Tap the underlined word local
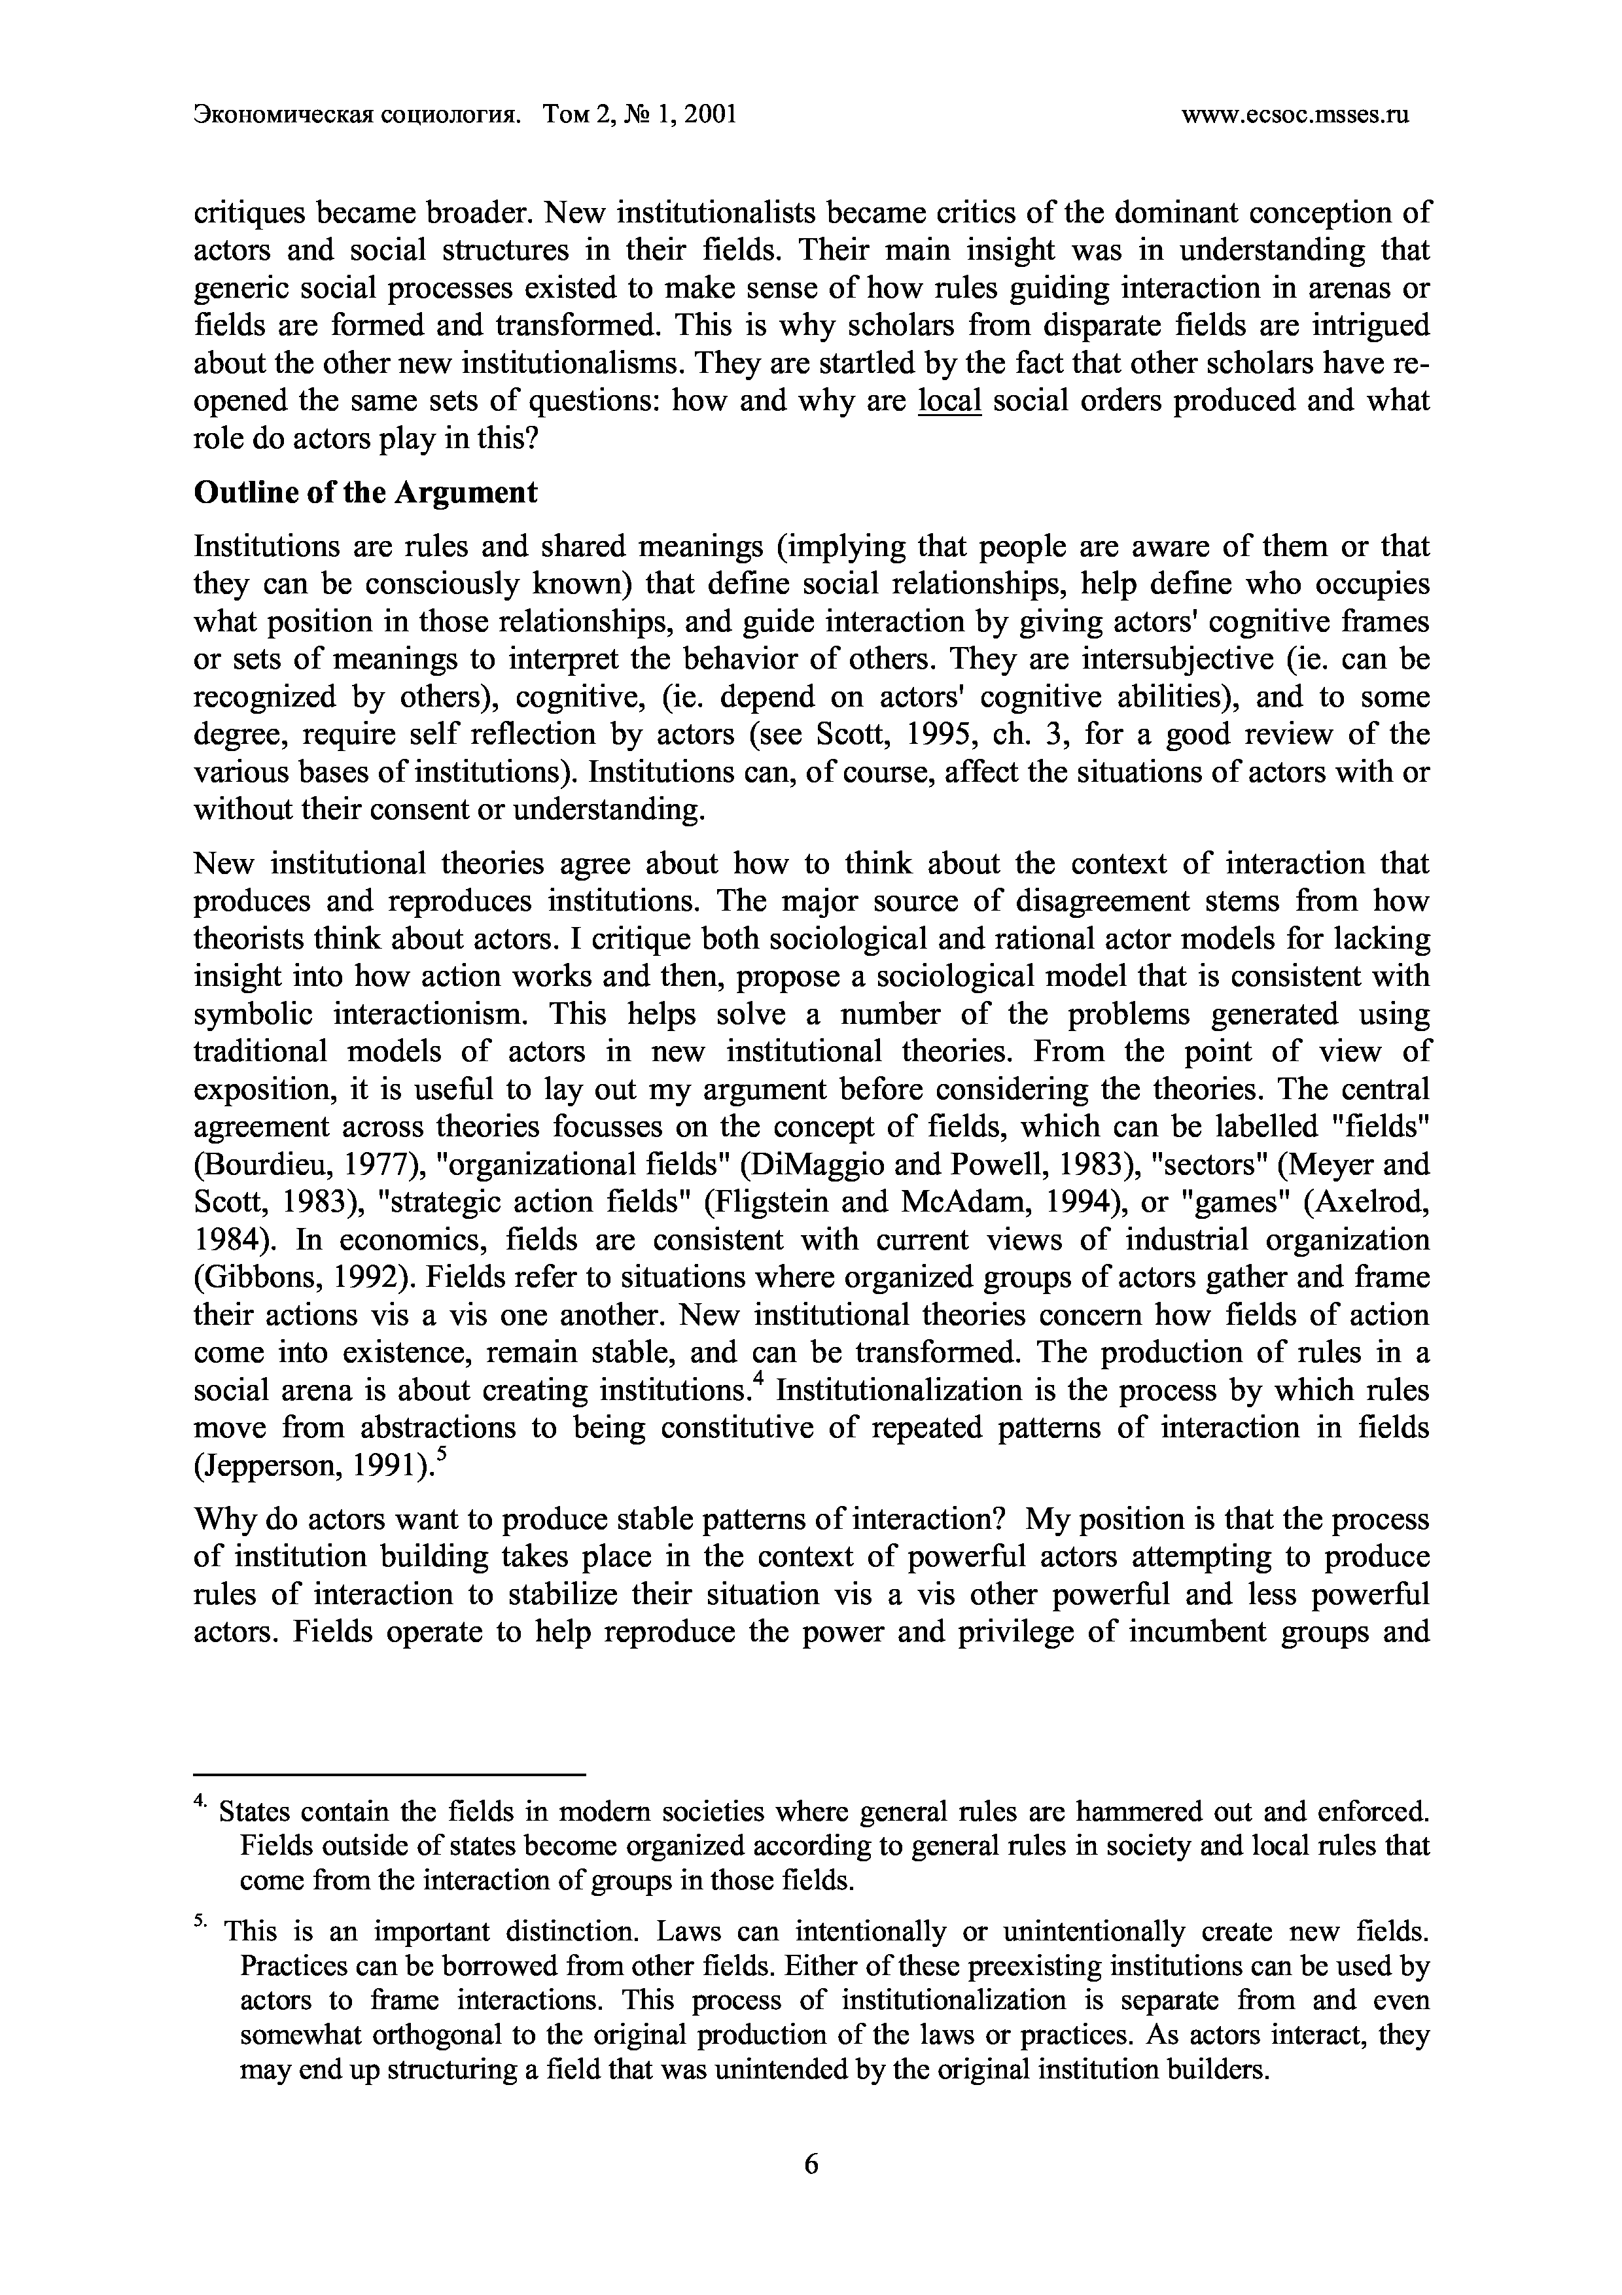949,401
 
